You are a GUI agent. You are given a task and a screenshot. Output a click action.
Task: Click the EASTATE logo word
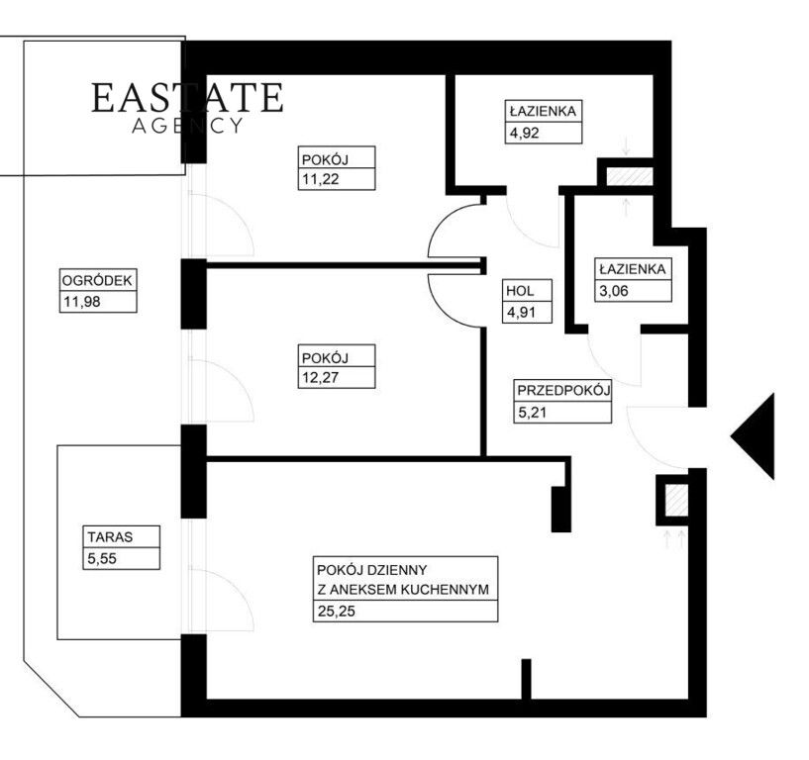[x=187, y=97]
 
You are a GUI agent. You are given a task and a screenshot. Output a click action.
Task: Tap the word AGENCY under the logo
[x=187, y=126]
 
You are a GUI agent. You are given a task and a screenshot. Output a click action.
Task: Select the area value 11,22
[x=321, y=179]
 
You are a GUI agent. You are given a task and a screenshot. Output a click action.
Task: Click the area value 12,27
[x=321, y=377]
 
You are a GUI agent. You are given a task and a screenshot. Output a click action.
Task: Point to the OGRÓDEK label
[x=97, y=281]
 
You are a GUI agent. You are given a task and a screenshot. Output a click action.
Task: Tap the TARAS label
[x=110, y=537]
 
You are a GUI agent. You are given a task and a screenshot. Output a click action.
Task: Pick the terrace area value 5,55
[x=102, y=558]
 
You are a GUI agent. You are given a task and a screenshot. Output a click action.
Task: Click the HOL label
[x=520, y=291]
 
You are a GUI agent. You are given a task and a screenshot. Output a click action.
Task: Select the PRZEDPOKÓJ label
[x=563, y=390]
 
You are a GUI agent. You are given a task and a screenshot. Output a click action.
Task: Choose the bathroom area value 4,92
[x=524, y=133]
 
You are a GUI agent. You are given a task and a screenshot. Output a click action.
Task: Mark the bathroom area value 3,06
[x=614, y=291]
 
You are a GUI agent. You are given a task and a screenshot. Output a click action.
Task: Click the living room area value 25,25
[x=337, y=611]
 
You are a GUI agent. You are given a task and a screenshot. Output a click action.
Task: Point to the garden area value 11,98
[x=81, y=302]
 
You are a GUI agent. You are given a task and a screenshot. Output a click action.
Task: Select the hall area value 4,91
[x=521, y=313]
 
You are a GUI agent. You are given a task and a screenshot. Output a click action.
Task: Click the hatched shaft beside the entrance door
[x=676, y=500]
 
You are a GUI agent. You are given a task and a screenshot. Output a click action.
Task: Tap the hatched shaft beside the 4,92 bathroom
[x=630, y=177]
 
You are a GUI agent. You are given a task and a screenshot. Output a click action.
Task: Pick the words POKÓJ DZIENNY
[x=372, y=570]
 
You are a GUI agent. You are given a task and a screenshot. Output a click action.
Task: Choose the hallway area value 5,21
[x=532, y=413]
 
